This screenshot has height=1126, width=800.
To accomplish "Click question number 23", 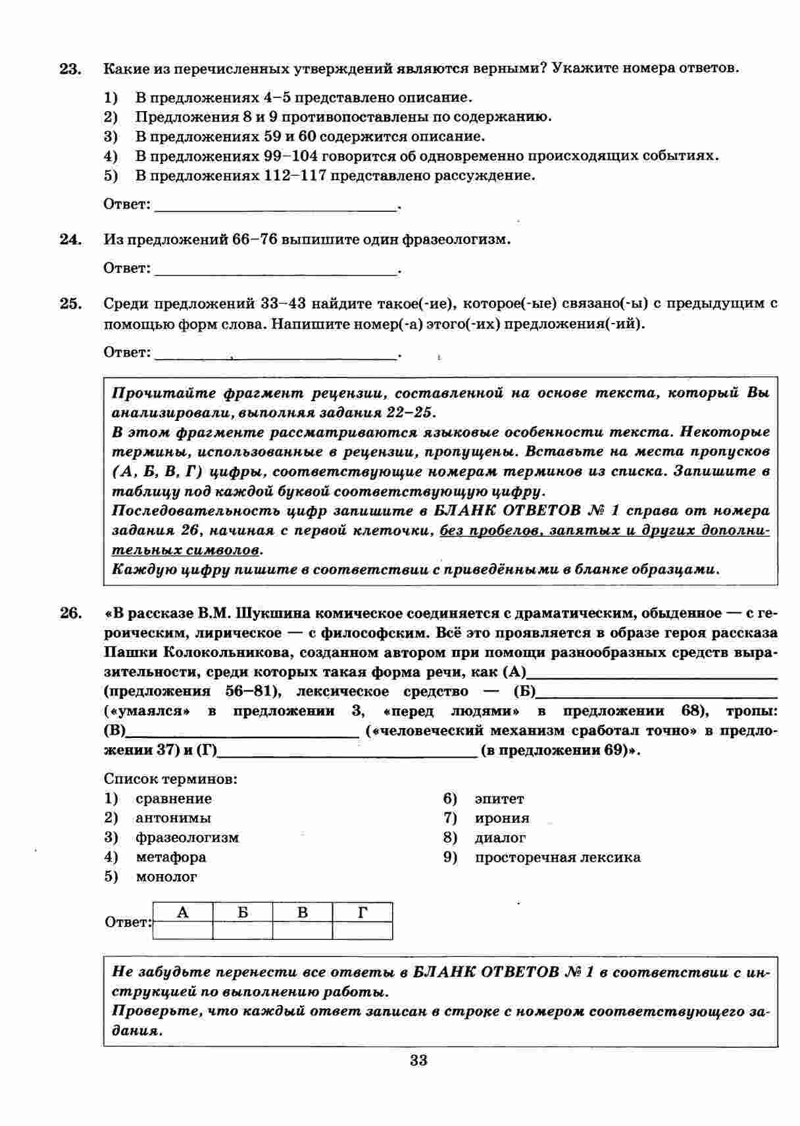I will [70, 69].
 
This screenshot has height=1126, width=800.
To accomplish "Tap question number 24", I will [70, 239].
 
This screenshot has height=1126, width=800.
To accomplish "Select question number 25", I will [70, 304].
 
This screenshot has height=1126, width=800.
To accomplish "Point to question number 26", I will [70, 614].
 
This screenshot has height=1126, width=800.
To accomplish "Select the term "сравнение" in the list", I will [174, 798].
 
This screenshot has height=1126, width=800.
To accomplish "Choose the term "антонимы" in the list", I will [173, 818].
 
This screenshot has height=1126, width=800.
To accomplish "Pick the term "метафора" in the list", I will [170, 857].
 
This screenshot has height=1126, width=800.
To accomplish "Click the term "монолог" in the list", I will [166, 877].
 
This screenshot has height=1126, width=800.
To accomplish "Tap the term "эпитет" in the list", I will [499, 798].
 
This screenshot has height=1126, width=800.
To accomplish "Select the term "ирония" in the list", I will [502, 818].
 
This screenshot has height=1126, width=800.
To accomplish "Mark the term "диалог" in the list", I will [500, 838].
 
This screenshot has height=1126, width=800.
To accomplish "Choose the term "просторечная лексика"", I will [557, 857].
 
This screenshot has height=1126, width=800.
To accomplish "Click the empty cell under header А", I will [183, 931].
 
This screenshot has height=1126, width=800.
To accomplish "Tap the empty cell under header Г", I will [362, 931].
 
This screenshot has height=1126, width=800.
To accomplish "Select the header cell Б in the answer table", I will [243, 912].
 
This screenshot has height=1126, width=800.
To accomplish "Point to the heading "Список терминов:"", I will [170, 779].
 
